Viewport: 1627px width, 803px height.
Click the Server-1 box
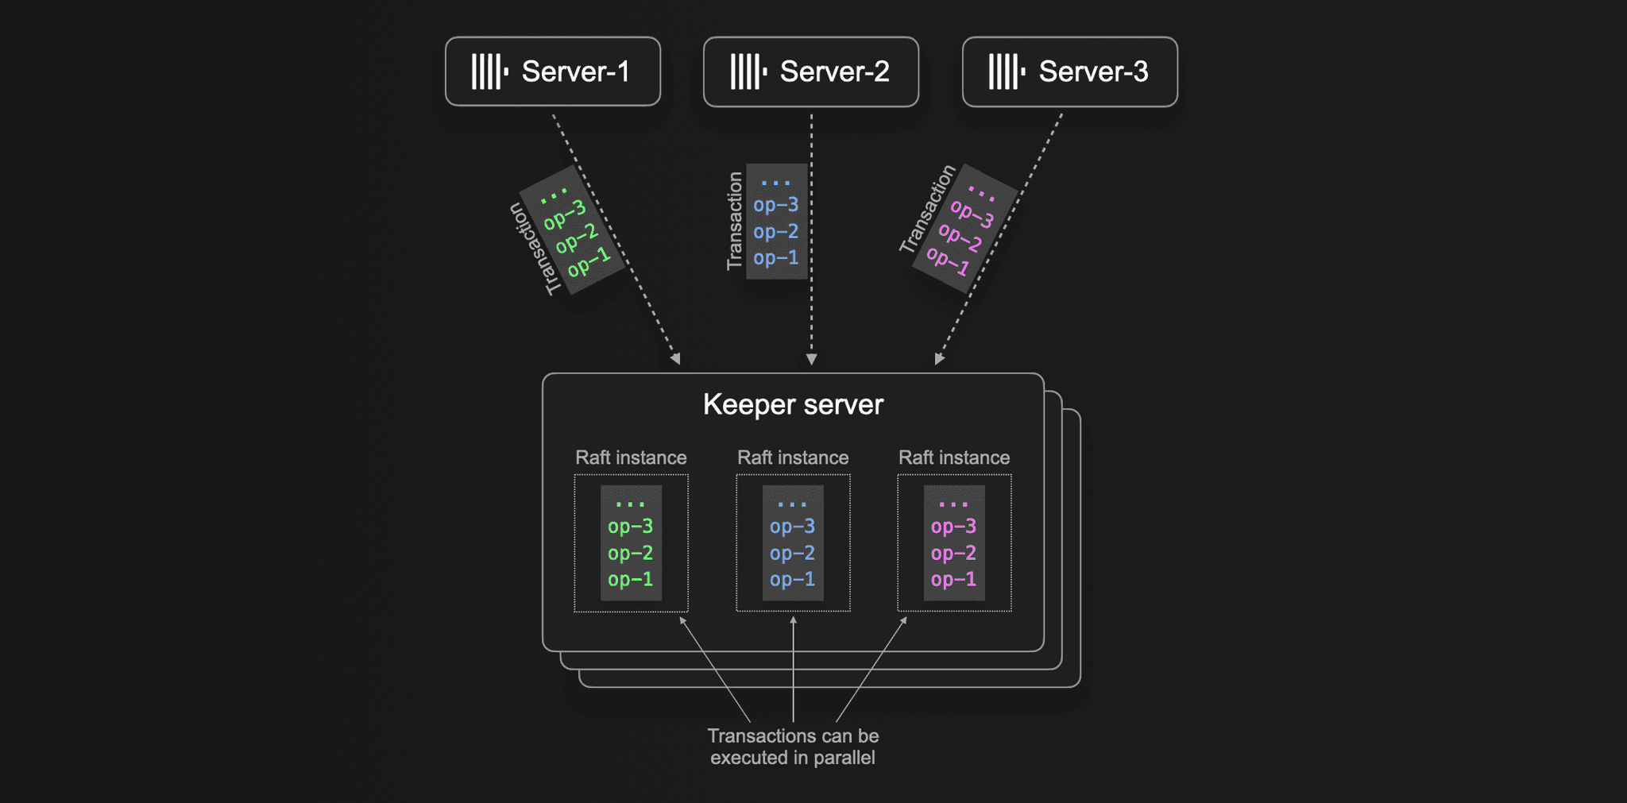point(553,71)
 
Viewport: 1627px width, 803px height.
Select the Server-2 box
point(811,71)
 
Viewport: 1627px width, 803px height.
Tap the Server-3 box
point(1070,71)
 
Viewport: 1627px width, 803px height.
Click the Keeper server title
point(793,405)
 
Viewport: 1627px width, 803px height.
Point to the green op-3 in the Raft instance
point(630,527)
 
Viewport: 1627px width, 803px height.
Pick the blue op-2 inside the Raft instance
point(792,554)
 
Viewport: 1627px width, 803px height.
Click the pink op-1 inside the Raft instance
point(953,580)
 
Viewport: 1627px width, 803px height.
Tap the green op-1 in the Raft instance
point(630,580)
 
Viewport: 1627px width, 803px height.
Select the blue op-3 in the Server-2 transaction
point(776,205)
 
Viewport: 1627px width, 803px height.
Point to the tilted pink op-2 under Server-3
point(960,237)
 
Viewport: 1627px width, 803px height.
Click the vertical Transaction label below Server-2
point(735,221)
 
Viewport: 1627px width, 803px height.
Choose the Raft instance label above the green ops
point(631,457)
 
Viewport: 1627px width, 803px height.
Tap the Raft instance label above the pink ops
point(954,457)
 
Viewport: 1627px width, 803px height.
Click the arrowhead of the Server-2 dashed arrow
point(811,360)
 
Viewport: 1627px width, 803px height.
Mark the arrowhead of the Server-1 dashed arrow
point(676,359)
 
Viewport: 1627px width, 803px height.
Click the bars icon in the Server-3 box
point(1007,71)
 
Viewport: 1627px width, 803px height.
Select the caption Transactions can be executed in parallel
point(793,747)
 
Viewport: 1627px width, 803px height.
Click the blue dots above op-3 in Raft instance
point(792,504)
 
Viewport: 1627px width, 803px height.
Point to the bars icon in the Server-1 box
point(489,71)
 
